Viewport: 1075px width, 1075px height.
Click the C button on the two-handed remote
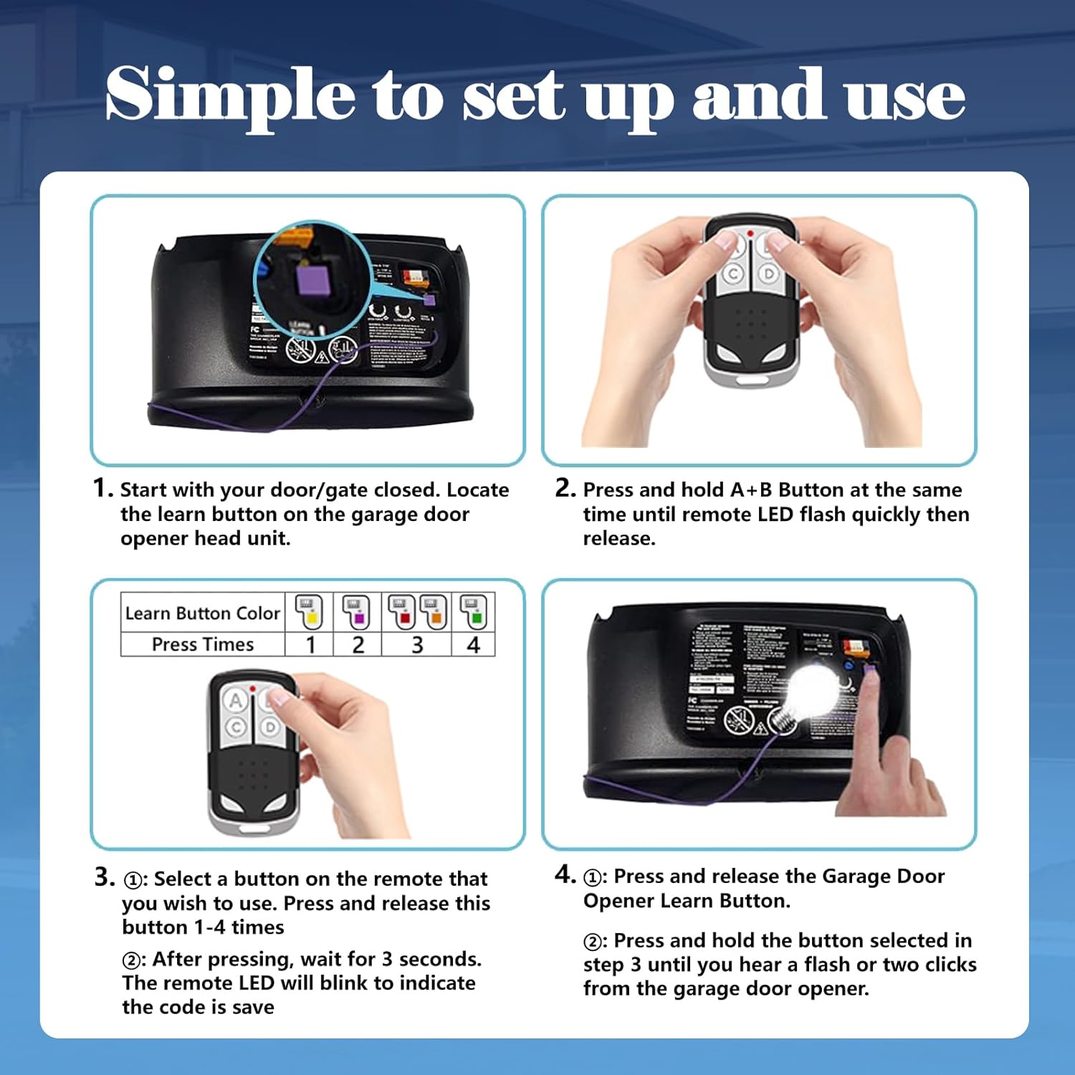pos(733,274)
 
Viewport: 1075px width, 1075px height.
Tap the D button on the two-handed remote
pos(769,274)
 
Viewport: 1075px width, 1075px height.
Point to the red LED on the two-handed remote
pos(750,234)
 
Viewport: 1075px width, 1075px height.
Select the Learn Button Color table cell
pos(202,613)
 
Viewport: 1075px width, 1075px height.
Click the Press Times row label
pos(202,645)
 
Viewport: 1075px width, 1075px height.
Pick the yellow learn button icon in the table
pos(310,611)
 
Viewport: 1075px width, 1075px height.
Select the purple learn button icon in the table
pos(357,611)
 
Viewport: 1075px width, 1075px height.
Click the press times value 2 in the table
pos(358,645)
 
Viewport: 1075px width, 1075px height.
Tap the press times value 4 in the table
pos(473,645)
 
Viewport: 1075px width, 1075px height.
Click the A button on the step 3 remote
pos(235,700)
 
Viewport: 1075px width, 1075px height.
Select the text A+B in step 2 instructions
pos(751,490)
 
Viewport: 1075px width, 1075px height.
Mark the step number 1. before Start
pos(103,489)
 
